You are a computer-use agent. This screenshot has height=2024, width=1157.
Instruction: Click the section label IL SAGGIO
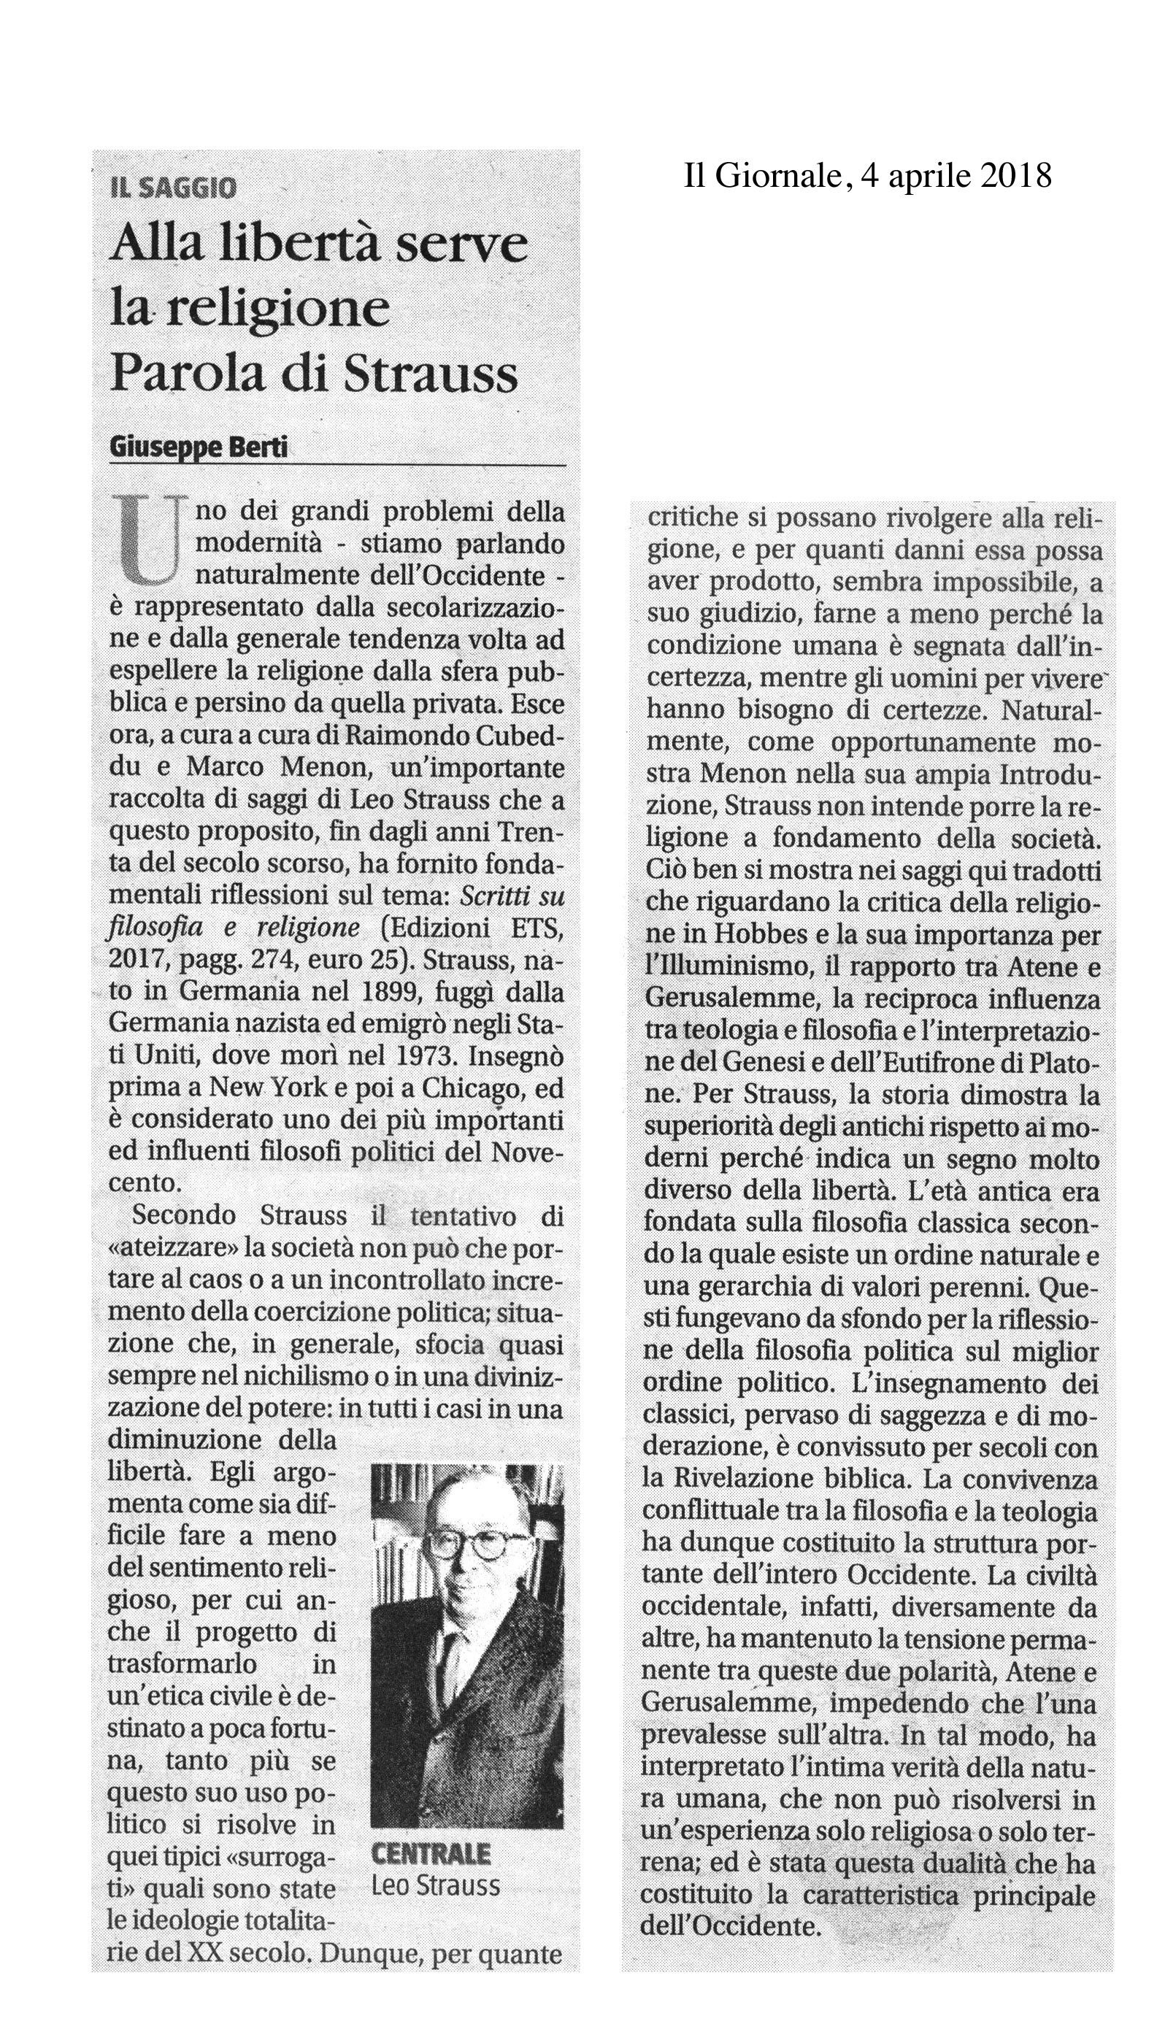tap(172, 188)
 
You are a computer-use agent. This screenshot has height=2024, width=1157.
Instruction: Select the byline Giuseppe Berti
tap(199, 449)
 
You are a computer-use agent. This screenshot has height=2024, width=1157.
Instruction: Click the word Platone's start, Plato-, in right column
tap(1061, 1064)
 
